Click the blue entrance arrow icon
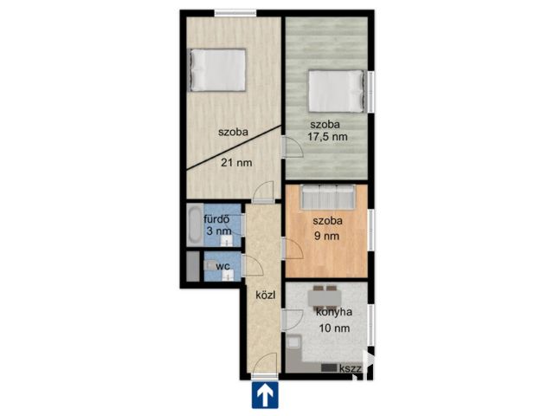tap(265, 395)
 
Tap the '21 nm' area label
tap(236, 163)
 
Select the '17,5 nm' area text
tap(327, 137)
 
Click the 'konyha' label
tap(334, 312)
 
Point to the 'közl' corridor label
tap(266, 295)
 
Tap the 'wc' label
tap(222, 266)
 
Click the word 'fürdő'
tap(216, 219)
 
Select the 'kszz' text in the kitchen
tap(350, 369)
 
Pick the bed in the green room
tap(336, 91)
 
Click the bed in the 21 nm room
tap(218, 70)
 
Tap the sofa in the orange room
tap(327, 197)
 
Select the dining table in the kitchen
tap(325, 298)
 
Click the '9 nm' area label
tap(327, 236)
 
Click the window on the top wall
tap(235, 14)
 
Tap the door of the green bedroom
tap(292, 146)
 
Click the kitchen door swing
tap(293, 320)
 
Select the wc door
tap(252, 265)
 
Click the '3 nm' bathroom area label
tap(219, 231)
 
